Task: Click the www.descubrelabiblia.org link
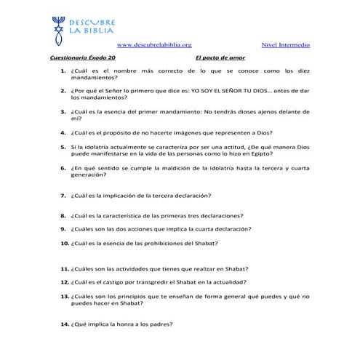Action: [x=154, y=46]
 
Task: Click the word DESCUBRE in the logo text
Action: [x=92, y=23]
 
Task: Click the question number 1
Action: [x=64, y=70]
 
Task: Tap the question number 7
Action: [x=64, y=196]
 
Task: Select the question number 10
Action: [x=63, y=242]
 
